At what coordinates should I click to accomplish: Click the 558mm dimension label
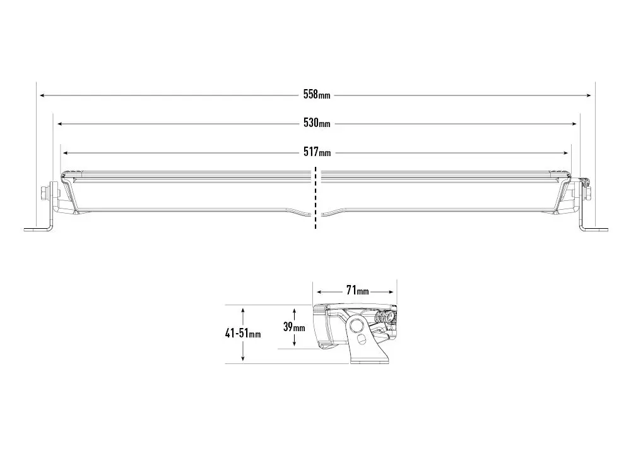pyautogui.click(x=316, y=95)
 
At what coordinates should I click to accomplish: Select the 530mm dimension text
pyautogui.click(x=316, y=123)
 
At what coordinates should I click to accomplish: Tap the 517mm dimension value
pyautogui.click(x=316, y=152)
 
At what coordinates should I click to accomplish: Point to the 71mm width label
pyautogui.click(x=357, y=291)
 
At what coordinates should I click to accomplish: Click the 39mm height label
pyautogui.click(x=294, y=327)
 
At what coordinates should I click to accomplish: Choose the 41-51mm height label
pyautogui.click(x=243, y=333)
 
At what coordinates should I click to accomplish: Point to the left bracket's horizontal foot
pyautogui.click(x=37, y=229)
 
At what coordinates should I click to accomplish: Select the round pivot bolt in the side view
pyautogui.click(x=358, y=326)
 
